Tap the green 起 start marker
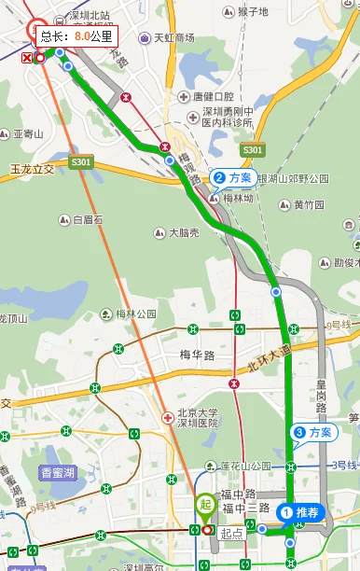point(206,505)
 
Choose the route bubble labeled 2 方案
point(233,176)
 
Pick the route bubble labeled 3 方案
point(313,432)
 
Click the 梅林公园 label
point(135,313)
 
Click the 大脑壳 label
point(176,232)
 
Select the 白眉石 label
point(90,221)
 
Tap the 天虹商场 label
point(173,38)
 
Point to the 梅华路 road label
point(198,355)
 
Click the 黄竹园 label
point(309,205)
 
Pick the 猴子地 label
point(253,12)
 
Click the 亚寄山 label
point(28,134)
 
